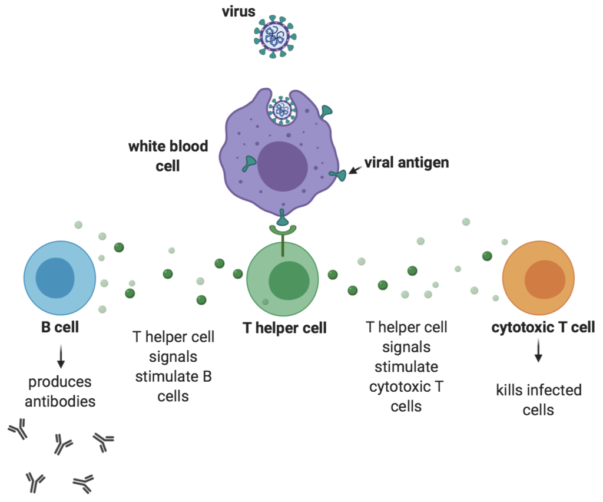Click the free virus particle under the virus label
point(275,37)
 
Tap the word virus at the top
point(238,12)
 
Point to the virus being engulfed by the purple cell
point(282,110)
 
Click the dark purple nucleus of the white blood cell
point(283,166)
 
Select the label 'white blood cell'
point(168,156)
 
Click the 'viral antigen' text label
point(406,163)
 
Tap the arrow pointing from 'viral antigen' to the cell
point(355,170)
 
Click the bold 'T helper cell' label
point(284,328)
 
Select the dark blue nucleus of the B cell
point(55,278)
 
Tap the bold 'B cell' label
point(60,328)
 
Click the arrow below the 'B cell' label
point(61,356)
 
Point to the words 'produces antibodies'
point(60,392)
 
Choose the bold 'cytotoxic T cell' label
point(543,328)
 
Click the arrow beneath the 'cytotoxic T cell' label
point(538,351)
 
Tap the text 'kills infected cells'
point(538,400)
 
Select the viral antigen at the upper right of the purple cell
point(326,111)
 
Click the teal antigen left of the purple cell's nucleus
point(249,163)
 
